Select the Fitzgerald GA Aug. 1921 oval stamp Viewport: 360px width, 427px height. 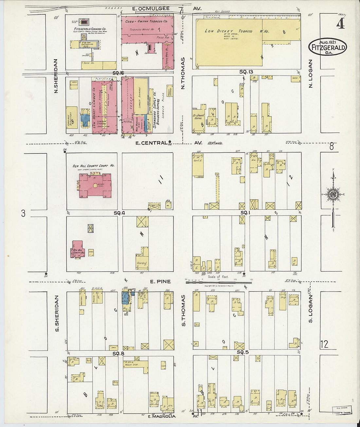(x=327, y=47)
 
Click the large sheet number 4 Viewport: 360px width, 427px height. (x=341, y=24)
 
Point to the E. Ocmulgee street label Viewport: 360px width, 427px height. (x=151, y=9)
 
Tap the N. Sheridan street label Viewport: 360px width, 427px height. (x=56, y=76)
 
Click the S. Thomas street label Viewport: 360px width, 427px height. (x=183, y=310)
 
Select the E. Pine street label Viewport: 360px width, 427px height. (x=160, y=281)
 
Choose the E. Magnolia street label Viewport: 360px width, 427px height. (x=162, y=417)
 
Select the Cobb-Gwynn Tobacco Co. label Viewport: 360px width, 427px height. (x=146, y=21)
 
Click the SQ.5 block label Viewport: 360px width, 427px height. (x=243, y=352)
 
